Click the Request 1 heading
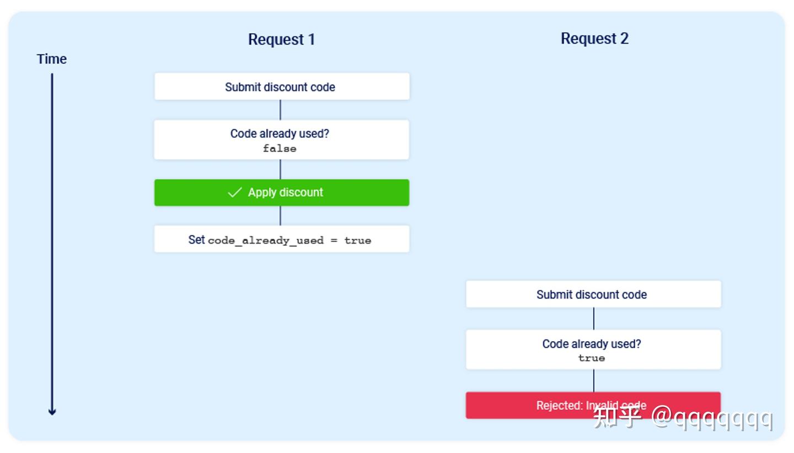tap(281, 39)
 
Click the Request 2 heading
tap(594, 39)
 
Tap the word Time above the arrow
tap(52, 59)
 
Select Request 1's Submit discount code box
tap(282, 87)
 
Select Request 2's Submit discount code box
tap(593, 294)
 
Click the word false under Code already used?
tap(280, 148)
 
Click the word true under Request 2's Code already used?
tap(592, 358)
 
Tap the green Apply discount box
tap(282, 193)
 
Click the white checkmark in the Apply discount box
tap(235, 192)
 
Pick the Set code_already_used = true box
tap(282, 239)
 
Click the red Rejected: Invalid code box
tap(593, 405)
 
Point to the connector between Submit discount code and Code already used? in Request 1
tap(280, 110)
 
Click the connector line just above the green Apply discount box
tap(280, 169)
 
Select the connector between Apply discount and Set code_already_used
tap(280, 215)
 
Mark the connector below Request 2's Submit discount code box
tap(594, 319)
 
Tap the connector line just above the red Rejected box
tap(594, 381)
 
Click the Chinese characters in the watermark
tap(618, 417)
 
